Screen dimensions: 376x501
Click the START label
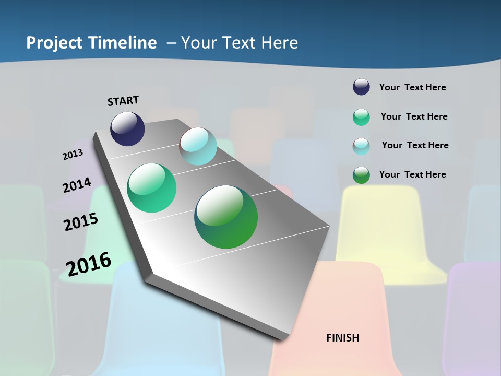pos(123,101)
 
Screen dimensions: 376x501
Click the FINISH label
pos(342,338)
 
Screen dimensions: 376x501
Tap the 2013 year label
pos(73,155)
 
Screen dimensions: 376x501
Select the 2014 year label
pos(77,185)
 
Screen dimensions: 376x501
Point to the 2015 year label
pos(81,222)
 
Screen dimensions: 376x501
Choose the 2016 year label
pos(89,264)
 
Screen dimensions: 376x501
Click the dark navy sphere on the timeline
pos(127,128)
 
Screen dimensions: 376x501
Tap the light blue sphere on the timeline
pos(198,146)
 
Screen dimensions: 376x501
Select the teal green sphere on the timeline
pos(151,188)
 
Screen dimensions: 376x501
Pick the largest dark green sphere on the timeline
pos(226,217)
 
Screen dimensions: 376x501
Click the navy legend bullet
pos(361,87)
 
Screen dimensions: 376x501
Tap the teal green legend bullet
pos(361,117)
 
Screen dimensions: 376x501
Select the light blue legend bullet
pos(361,146)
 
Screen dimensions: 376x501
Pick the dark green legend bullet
pos(361,175)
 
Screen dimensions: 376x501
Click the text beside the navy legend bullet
pos(412,87)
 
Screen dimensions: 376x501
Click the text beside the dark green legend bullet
pos(412,174)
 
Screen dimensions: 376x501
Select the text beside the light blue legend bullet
pos(415,145)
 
